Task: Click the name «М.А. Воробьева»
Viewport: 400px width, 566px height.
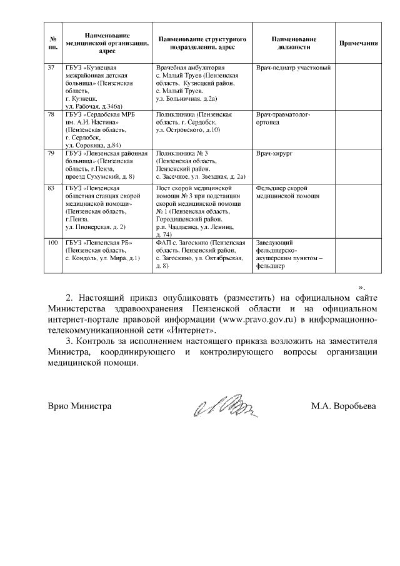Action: (344, 406)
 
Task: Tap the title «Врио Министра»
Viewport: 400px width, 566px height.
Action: (80, 406)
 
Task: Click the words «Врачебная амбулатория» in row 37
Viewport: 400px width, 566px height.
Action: (186, 67)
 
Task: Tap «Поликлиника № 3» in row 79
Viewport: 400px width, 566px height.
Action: (182, 153)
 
